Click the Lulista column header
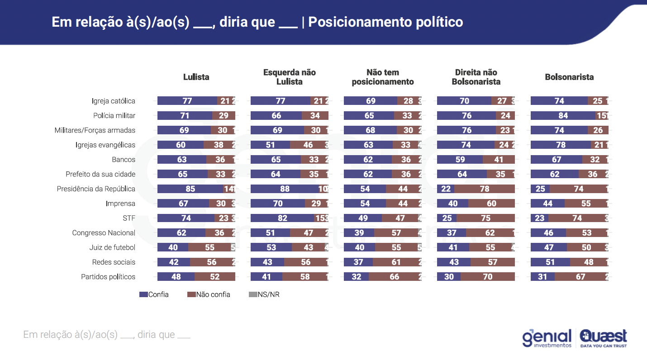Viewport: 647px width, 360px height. pyautogui.click(x=196, y=77)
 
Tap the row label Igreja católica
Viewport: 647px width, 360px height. pyautogui.click(x=113, y=101)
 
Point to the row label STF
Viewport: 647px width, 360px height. pyautogui.click(x=128, y=218)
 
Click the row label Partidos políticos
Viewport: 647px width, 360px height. pyautogui.click(x=108, y=277)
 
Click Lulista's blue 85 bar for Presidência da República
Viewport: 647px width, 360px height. pyautogui.click(x=190, y=189)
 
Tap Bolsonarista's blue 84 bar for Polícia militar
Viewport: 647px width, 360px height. pyautogui.click(x=563, y=116)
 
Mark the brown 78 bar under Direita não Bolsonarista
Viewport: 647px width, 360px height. pyautogui.click(x=485, y=189)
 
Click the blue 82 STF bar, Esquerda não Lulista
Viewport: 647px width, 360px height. pyautogui.click(x=282, y=218)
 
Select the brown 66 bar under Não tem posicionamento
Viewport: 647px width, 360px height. pyautogui.click(x=394, y=277)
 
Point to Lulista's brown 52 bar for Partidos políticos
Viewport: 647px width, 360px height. pyautogui.click(x=215, y=277)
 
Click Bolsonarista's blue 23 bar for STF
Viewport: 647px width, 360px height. pyautogui.click(x=539, y=218)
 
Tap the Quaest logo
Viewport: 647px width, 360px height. pyautogui.click(x=603, y=338)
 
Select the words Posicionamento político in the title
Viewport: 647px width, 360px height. pyautogui.click(x=385, y=22)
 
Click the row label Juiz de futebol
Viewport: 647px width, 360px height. pyautogui.click(x=112, y=247)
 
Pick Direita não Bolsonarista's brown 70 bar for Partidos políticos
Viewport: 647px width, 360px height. pyautogui.click(x=488, y=277)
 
